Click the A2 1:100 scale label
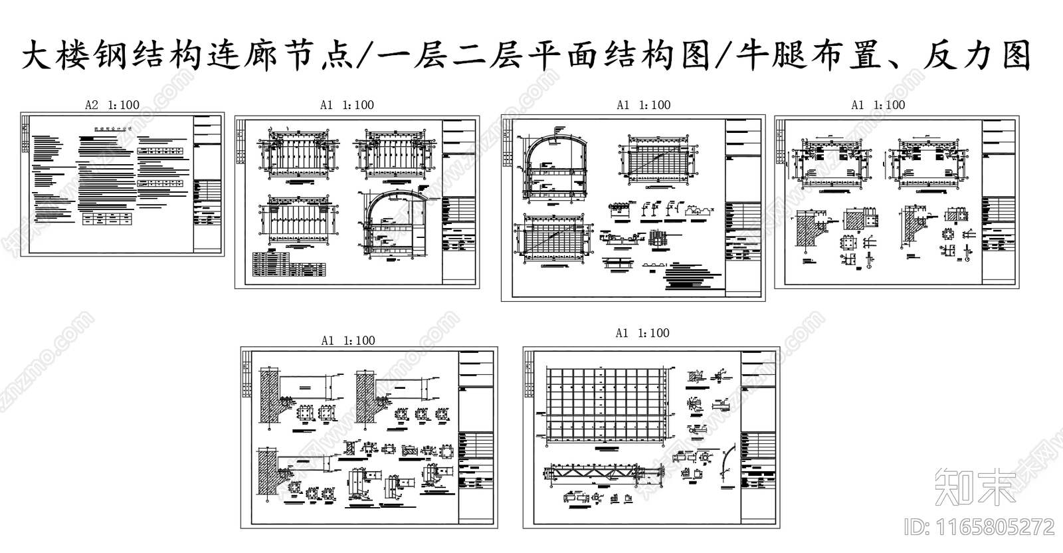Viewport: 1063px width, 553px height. tap(112, 105)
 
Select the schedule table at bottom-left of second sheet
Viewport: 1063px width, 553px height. tap(290, 267)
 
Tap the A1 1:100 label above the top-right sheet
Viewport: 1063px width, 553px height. tap(878, 105)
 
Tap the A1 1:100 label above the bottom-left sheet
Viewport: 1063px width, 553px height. tap(348, 341)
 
